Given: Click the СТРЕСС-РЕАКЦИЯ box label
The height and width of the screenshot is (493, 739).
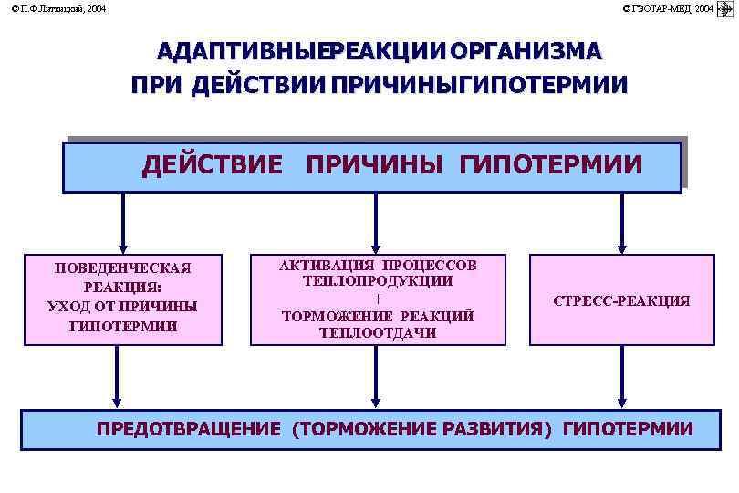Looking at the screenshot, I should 622,300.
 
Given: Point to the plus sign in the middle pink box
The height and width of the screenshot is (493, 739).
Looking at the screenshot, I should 379,299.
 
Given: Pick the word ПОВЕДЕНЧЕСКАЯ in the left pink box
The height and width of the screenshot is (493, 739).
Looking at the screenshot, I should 123,267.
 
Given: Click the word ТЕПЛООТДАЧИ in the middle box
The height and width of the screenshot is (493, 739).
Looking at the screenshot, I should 379,333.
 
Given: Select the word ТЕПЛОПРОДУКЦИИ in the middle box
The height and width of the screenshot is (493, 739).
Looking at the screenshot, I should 379,282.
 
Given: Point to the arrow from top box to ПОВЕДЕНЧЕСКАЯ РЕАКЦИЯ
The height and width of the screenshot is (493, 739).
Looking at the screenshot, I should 123,223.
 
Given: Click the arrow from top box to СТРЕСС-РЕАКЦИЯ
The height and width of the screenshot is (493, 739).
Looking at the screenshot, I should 622,223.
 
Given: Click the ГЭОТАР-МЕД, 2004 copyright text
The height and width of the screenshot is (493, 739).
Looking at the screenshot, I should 668,8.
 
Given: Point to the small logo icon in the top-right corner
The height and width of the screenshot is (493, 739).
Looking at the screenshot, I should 726,8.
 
